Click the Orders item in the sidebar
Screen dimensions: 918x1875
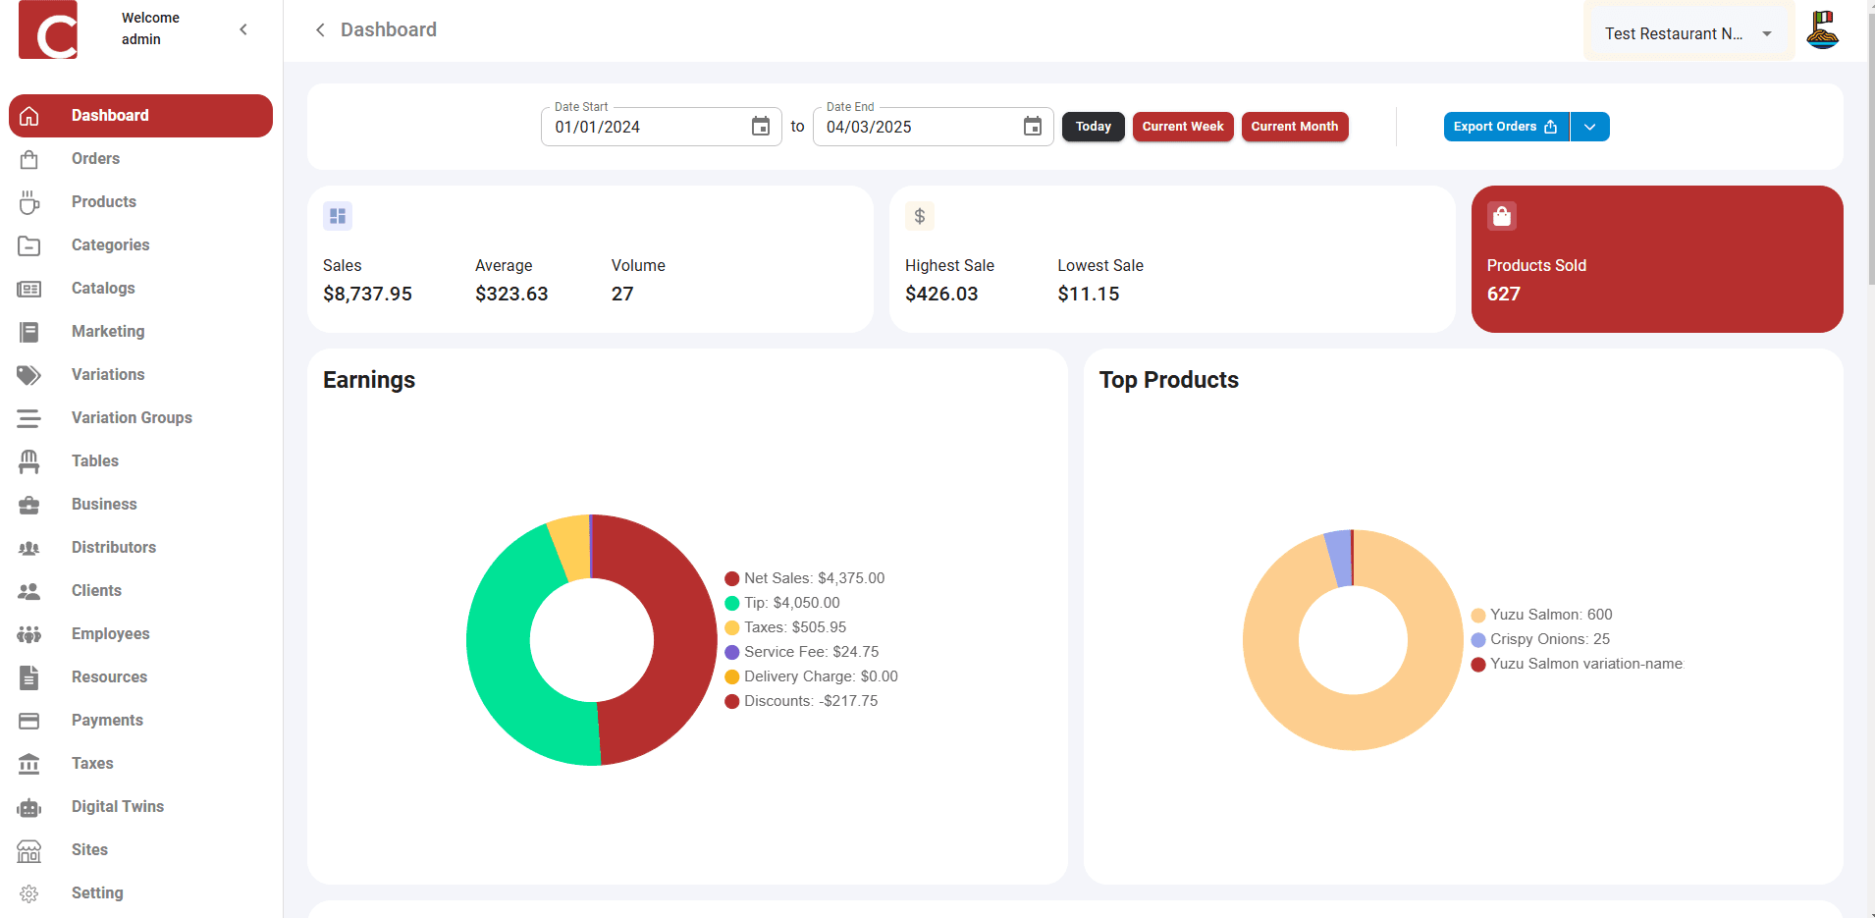point(95,159)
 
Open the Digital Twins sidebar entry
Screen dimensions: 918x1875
point(117,807)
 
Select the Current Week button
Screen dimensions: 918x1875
point(1182,127)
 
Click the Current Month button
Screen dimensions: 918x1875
point(1294,127)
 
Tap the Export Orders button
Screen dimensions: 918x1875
point(1505,127)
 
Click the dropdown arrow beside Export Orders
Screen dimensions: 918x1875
point(1589,127)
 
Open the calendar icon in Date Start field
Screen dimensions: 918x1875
point(761,127)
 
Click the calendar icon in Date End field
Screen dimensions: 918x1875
point(1032,127)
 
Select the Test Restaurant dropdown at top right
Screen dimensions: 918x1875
point(1687,33)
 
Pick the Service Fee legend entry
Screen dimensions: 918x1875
point(811,652)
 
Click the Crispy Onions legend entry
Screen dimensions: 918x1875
point(1549,639)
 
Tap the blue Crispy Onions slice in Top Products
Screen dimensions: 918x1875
point(1338,559)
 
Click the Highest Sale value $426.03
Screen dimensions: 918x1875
point(940,294)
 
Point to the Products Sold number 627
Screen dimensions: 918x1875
point(1503,294)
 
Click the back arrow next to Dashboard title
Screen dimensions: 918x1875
point(320,30)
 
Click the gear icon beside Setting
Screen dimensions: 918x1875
point(29,893)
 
